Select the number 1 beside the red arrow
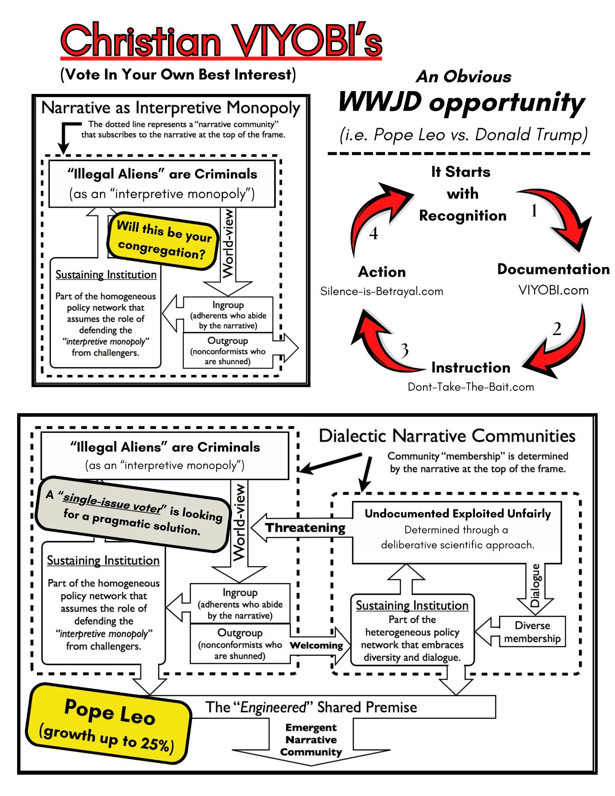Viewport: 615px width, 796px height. (534, 211)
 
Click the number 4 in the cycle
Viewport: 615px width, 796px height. (373, 234)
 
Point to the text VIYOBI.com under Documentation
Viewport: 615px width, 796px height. (553, 290)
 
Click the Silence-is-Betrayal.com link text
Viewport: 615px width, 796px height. (381, 291)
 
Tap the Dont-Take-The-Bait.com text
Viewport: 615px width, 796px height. (471, 387)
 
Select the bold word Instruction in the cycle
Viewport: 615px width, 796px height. (471, 367)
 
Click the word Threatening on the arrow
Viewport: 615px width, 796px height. (305, 528)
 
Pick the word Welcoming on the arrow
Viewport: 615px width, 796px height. (316, 645)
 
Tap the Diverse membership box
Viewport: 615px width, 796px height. (532, 632)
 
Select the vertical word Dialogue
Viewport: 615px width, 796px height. (535, 585)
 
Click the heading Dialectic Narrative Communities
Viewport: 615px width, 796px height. (447, 436)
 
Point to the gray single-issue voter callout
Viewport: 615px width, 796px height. (133, 513)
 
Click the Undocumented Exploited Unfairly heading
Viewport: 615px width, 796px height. (457, 514)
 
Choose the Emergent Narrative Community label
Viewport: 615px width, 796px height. (311, 739)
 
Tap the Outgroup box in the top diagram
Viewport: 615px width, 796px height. (228, 351)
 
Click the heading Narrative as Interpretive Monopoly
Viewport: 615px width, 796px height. (171, 108)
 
